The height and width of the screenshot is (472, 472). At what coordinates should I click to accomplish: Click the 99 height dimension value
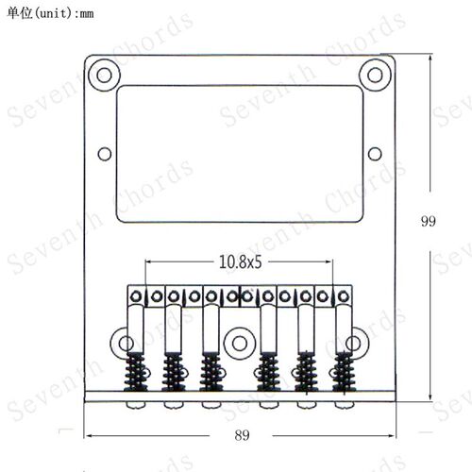pos(429,221)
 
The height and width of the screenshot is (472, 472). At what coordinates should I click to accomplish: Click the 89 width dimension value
pos(242,435)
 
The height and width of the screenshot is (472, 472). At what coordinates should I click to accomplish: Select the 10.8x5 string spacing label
pos(240,261)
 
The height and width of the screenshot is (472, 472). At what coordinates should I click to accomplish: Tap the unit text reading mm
pos(87,14)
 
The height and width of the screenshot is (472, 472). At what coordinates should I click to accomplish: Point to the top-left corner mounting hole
pos(104,76)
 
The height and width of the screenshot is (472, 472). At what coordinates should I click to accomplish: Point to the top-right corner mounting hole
pos(375,76)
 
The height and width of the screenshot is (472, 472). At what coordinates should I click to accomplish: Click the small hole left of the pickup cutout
pos(105,154)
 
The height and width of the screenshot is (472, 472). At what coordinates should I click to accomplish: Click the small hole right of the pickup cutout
pos(375,154)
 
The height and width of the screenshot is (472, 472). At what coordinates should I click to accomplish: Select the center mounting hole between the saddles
pos(240,344)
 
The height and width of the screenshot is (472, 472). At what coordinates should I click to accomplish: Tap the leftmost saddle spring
pos(136,371)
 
